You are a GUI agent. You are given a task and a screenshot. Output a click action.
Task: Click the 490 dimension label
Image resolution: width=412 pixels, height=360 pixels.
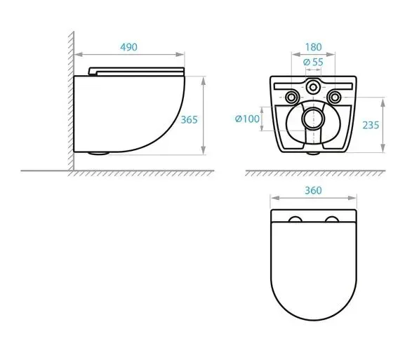[x=128, y=47]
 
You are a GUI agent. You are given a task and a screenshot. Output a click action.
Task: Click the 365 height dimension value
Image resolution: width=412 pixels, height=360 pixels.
[x=189, y=120]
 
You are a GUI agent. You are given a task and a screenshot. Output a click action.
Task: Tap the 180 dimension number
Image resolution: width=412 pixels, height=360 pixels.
[x=313, y=47]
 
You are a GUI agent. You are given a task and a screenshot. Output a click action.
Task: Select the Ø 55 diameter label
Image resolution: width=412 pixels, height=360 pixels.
[x=313, y=62]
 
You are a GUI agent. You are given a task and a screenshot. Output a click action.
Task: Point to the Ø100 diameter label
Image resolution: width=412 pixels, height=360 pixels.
[x=247, y=119]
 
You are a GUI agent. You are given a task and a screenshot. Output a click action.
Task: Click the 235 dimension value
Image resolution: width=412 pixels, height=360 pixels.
[x=371, y=126]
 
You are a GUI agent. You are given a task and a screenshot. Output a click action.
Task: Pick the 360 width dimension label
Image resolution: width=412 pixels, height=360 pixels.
[x=313, y=190]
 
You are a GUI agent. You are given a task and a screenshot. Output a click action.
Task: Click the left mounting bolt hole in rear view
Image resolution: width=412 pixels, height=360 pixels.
[x=291, y=98]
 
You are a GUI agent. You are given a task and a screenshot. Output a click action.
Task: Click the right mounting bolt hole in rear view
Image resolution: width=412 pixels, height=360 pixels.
[x=335, y=98]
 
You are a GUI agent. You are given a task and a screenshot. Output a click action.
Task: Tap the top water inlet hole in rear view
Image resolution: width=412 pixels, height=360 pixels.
[x=313, y=86]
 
